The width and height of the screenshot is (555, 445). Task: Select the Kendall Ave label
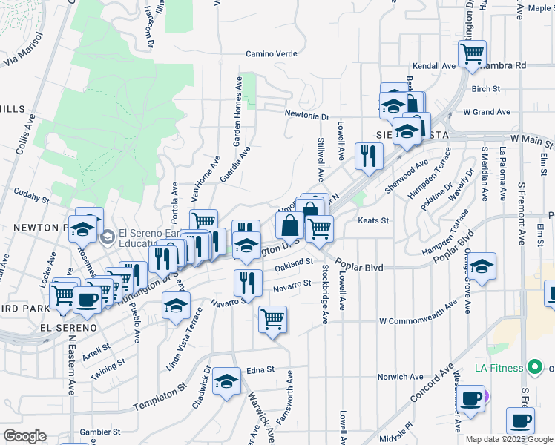coord(434,66)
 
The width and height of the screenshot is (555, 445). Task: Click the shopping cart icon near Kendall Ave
coord(472,53)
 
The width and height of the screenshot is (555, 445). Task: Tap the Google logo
coord(24,435)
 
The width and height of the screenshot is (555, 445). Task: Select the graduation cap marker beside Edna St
coord(226,381)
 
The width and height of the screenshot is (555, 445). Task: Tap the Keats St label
coord(374,220)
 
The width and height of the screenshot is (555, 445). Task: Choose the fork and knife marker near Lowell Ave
coord(367,155)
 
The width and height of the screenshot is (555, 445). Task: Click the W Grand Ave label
coord(487,112)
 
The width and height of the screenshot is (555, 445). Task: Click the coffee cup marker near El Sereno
coord(87,300)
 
